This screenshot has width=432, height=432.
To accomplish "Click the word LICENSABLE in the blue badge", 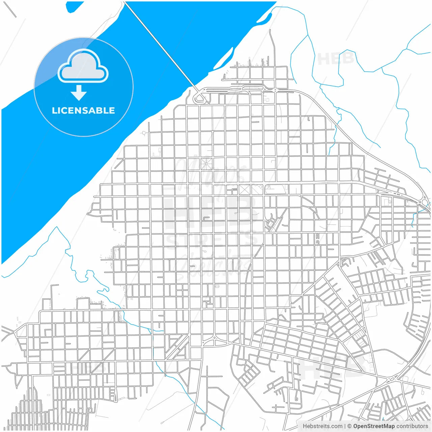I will click(83, 111).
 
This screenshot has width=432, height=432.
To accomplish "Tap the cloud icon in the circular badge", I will click(83, 66).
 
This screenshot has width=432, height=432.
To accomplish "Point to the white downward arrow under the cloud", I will click(79, 93).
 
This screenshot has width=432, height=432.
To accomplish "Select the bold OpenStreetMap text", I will click(374, 426).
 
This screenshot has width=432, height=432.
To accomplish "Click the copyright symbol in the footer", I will click(350, 426).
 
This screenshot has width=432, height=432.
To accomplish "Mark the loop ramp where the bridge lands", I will click(200, 98).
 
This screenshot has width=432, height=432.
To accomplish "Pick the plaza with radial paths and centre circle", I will click(206, 164).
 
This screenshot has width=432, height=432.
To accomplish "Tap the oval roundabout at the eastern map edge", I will click(425, 202).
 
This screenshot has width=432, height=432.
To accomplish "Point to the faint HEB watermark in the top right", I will click(336, 59).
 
